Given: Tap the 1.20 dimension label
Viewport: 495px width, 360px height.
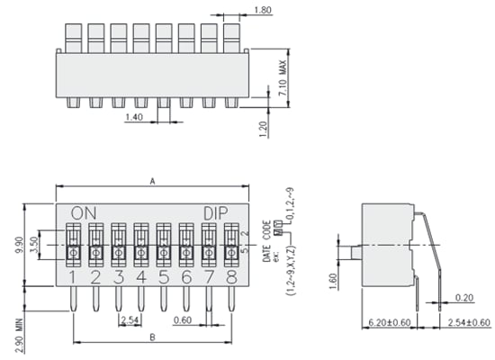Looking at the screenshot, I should click(x=263, y=129).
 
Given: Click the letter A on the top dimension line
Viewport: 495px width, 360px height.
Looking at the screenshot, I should click(x=153, y=181).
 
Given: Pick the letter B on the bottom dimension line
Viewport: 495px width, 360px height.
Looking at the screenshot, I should click(x=153, y=337).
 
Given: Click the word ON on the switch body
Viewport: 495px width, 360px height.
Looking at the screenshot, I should click(x=83, y=212).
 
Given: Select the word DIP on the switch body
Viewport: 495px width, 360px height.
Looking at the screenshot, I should click(x=215, y=212).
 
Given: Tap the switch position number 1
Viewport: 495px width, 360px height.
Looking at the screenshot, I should click(x=74, y=276).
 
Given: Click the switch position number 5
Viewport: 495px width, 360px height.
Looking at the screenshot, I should click(x=164, y=276).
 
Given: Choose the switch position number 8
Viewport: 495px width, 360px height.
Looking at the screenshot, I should click(x=231, y=276).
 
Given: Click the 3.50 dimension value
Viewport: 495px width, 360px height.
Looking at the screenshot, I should click(x=32, y=243).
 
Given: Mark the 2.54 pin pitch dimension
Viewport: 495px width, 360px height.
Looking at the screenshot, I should click(x=130, y=319).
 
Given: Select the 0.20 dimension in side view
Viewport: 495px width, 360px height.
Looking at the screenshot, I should click(x=465, y=297).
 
